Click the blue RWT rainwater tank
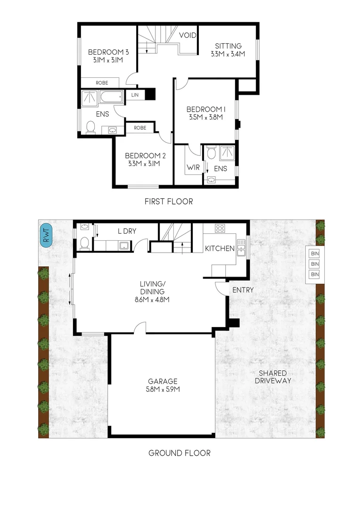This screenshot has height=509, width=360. [x=47, y=234]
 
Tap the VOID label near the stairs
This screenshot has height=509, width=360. [x=188, y=35]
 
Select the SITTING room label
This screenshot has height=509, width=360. [x=228, y=46]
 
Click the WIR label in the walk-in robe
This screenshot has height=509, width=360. [x=193, y=168]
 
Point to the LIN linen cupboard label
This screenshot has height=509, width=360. [x=135, y=95]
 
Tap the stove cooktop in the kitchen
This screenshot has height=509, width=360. [x=220, y=229]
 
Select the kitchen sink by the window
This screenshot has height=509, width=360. [x=241, y=247]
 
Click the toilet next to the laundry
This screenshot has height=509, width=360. [x=84, y=243]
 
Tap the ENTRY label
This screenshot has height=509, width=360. [x=243, y=290]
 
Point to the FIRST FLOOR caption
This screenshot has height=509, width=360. [x=169, y=201]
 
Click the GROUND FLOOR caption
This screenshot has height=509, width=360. [x=179, y=453]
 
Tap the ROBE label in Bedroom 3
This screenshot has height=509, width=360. [x=102, y=82]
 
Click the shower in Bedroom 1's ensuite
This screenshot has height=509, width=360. [x=227, y=153]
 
